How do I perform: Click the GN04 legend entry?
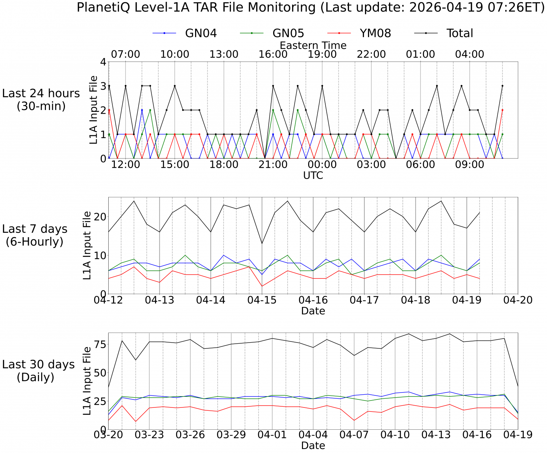click(201, 33)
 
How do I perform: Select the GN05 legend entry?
click(288, 33)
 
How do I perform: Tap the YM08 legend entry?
click(375, 33)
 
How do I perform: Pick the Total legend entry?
click(459, 33)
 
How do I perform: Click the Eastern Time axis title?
click(313, 45)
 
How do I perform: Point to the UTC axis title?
click(313, 176)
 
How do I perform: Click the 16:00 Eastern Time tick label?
click(273, 54)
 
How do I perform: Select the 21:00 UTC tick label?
click(273, 165)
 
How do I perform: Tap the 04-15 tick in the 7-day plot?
click(262, 300)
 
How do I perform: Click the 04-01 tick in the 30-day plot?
click(272, 435)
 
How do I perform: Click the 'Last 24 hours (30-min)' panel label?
click(41, 99)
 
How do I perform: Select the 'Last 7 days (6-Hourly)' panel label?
click(35, 235)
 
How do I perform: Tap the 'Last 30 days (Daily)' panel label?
click(38, 370)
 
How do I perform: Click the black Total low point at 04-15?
click(262, 243)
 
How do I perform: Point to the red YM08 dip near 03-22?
click(136, 421)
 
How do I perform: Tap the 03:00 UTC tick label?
click(371, 165)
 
